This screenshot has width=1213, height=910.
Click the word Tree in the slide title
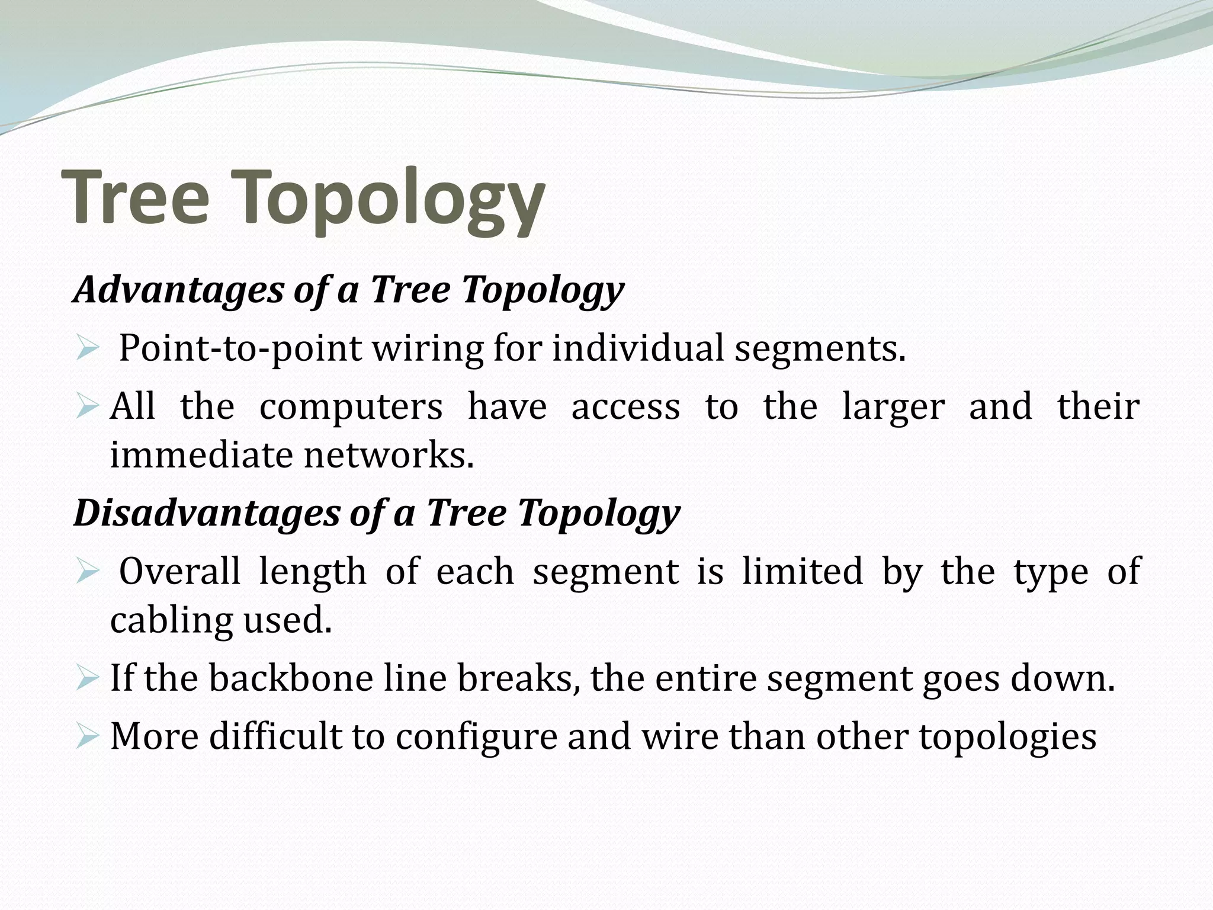[140, 197]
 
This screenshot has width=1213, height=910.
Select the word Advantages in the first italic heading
[178, 290]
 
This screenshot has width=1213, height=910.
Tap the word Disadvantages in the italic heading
[206, 513]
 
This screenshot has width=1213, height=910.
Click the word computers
[351, 407]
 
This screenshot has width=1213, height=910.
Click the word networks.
[389, 455]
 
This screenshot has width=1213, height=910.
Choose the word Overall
[179, 571]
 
